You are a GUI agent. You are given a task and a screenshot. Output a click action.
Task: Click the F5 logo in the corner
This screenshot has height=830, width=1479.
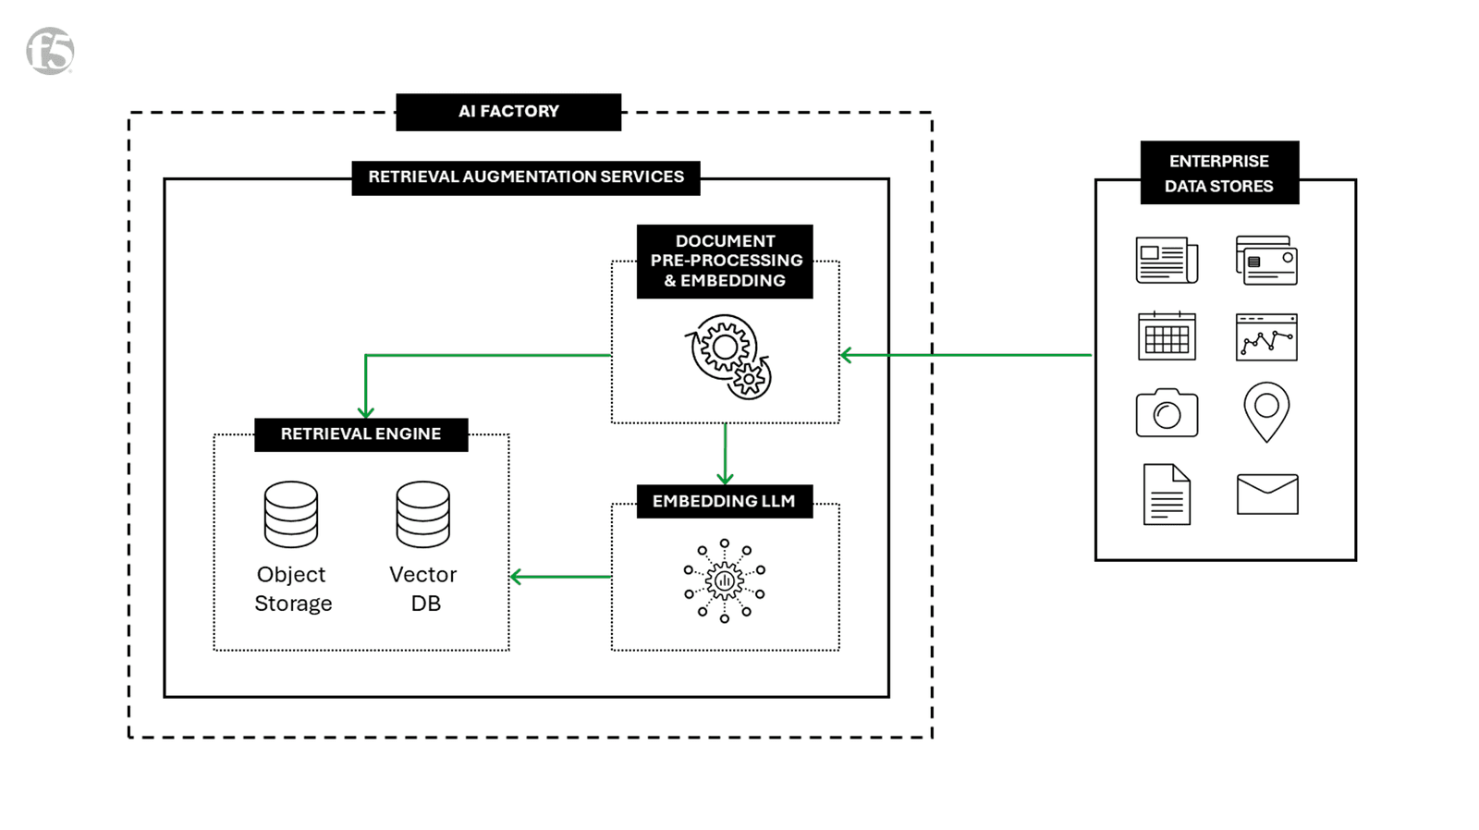[50, 51]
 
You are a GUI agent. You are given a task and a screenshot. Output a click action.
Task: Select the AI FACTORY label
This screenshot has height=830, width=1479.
[508, 112]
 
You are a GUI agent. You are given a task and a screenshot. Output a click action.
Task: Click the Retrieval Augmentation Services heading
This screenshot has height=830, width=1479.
[525, 177]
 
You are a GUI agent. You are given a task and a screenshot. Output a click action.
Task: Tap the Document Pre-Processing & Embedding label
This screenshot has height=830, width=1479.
[725, 261]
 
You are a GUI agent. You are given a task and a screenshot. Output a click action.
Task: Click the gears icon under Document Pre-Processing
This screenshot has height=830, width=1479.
[727, 357]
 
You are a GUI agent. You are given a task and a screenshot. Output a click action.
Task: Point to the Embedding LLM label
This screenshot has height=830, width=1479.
[724, 501]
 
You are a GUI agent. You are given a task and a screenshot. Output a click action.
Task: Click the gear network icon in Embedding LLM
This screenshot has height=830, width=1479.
[724, 581]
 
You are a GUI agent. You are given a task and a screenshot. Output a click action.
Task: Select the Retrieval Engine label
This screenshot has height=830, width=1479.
[361, 433]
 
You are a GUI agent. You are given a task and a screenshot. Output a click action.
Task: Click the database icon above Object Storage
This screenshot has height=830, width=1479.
[291, 514]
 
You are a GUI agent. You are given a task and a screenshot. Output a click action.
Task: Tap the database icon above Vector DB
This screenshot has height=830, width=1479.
[423, 514]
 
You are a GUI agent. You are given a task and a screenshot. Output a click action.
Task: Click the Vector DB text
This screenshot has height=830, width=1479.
[423, 589]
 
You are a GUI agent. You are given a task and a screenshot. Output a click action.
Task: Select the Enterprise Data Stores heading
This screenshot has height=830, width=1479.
[1218, 173]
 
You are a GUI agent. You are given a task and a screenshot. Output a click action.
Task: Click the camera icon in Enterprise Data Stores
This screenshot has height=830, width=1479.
[1167, 413]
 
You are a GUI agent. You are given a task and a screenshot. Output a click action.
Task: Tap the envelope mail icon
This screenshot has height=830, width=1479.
[1267, 494]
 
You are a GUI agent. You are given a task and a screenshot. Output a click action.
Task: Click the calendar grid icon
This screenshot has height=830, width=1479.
[1167, 336]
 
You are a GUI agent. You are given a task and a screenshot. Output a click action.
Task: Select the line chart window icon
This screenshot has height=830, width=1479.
[1266, 336]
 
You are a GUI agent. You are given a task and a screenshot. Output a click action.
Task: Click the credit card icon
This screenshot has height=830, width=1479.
[1266, 261]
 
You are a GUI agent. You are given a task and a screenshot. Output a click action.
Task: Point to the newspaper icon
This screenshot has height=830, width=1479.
[1167, 260]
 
